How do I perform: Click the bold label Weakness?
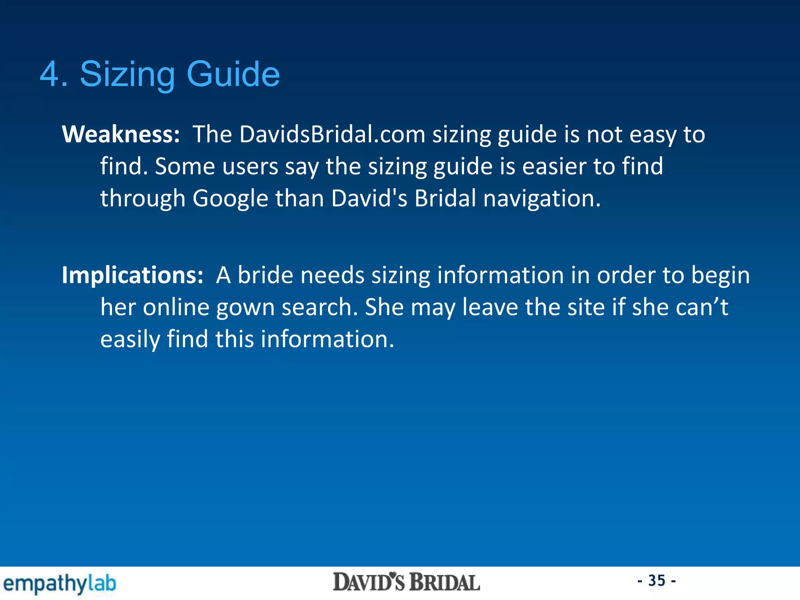click(121, 134)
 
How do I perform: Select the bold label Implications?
click(132, 275)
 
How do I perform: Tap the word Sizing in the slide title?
click(127, 74)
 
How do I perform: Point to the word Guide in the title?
click(233, 74)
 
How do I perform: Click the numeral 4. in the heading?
click(54, 74)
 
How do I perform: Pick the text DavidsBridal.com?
click(332, 134)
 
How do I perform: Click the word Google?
click(230, 198)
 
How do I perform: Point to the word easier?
click(554, 166)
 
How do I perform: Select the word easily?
click(130, 339)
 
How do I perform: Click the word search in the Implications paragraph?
click(319, 307)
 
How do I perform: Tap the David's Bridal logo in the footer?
click(406, 582)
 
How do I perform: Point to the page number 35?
click(657, 581)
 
